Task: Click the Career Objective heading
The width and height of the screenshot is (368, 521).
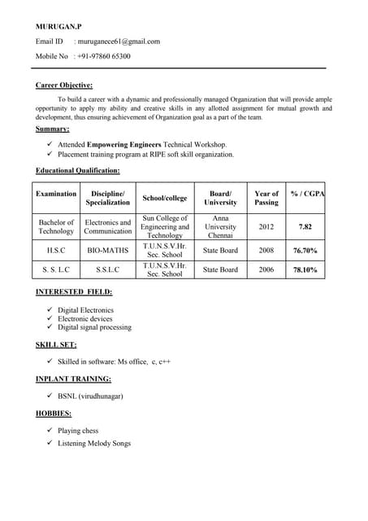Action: pos(64,85)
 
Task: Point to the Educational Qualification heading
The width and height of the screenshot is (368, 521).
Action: pos(78,170)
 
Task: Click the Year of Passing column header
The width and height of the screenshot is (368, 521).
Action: pos(266,198)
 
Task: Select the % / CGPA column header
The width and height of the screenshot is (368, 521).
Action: pos(307,194)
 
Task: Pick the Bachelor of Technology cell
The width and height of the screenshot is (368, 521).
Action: pos(56,226)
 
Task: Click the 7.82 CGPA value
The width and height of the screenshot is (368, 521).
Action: pos(305,226)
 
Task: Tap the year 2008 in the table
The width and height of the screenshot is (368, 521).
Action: pos(266,250)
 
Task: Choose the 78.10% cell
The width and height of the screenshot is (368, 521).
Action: pos(305,269)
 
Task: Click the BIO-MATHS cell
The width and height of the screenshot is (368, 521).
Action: pos(108,250)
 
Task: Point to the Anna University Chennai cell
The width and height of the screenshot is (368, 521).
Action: pos(221,226)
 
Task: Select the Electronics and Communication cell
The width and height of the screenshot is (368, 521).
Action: pos(108,226)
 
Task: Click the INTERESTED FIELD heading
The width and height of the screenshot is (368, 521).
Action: pos(74,291)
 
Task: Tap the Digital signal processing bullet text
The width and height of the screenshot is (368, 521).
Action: pos(94,327)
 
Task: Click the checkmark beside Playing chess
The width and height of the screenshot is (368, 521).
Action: pos(50,431)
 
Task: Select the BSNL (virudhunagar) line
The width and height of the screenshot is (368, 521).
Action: pos(90,396)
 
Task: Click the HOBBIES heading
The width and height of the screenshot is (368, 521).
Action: pos(54,414)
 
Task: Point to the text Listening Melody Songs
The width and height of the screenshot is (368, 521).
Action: pos(94,443)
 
